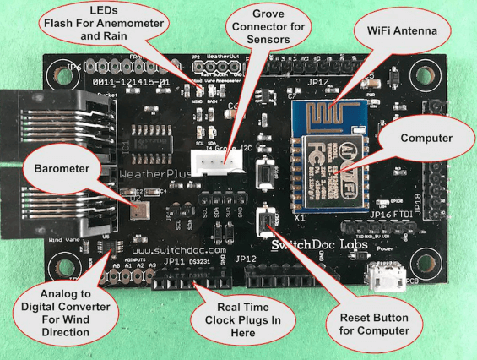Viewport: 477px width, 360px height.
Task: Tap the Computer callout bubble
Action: coord(424,137)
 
